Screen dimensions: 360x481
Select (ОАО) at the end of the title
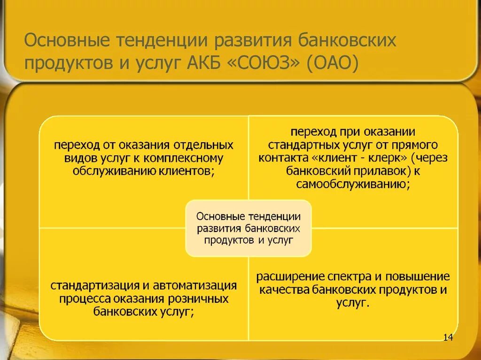pos(333,62)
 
